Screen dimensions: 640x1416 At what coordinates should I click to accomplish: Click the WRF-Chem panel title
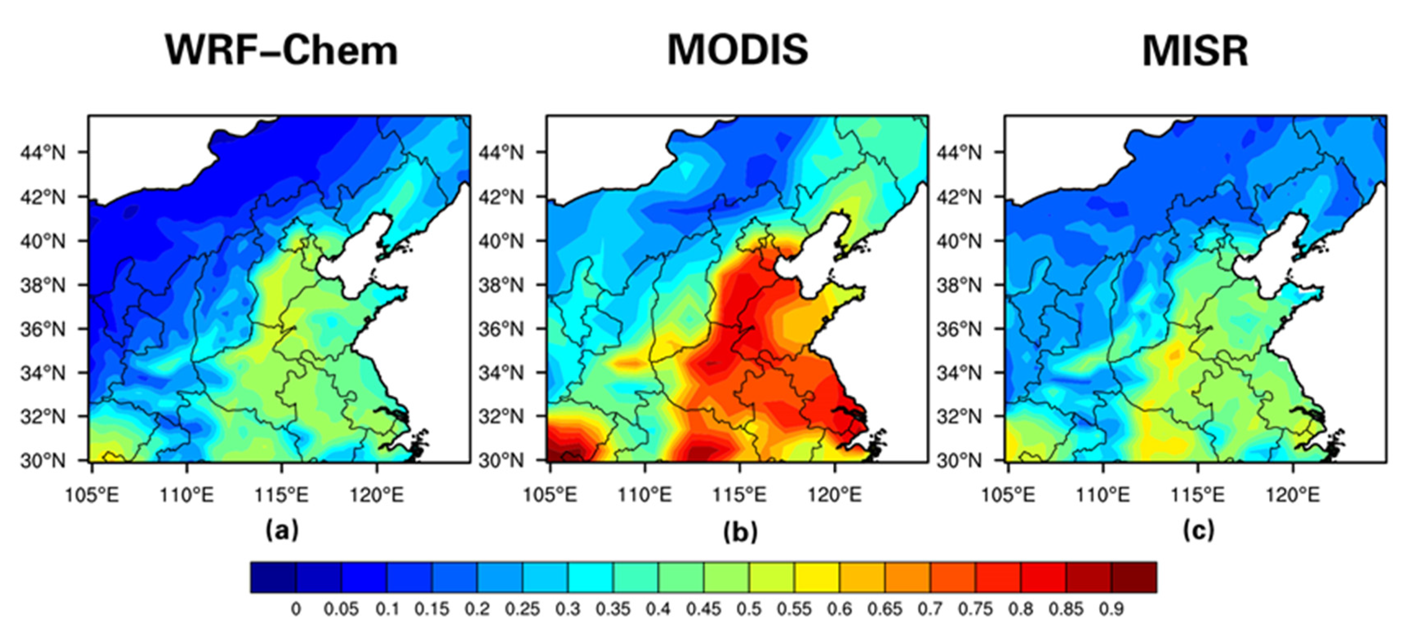281,51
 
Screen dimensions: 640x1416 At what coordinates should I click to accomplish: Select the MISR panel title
1195,51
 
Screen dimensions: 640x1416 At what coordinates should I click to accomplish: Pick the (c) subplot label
1198,531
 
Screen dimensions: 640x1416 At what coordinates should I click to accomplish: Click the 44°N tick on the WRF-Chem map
42,152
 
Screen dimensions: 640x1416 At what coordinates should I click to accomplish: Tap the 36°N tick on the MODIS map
501,329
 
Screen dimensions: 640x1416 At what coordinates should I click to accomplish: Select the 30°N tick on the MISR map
959,460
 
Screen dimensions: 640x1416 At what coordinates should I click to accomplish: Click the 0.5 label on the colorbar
749,609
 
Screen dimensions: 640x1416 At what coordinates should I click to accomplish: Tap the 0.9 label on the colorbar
1111,609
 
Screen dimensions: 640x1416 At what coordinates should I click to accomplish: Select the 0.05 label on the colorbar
341,609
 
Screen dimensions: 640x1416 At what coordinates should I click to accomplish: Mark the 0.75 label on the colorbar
975,609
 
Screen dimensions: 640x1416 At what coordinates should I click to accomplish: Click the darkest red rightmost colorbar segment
1134,577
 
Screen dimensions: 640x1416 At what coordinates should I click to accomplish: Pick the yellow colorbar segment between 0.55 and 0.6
816,577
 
